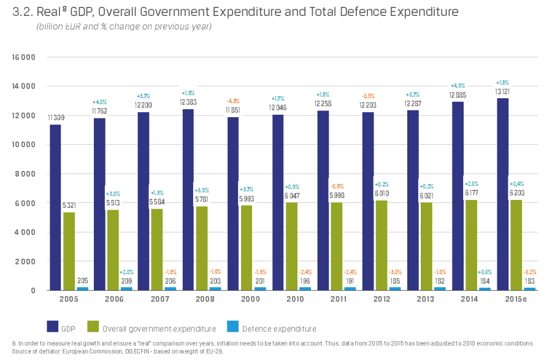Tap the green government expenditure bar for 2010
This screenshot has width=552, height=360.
292,246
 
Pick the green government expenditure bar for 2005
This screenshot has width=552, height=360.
69,251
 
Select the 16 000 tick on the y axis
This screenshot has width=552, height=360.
23,57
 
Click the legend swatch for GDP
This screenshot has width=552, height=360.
53,328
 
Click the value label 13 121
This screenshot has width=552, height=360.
503,91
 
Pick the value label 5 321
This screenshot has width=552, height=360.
70,205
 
